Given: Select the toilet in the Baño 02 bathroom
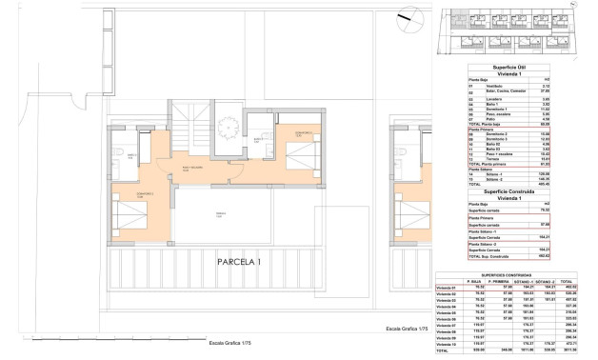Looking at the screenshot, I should click(113, 152).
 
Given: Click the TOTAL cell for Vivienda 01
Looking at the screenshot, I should click(568, 288).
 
